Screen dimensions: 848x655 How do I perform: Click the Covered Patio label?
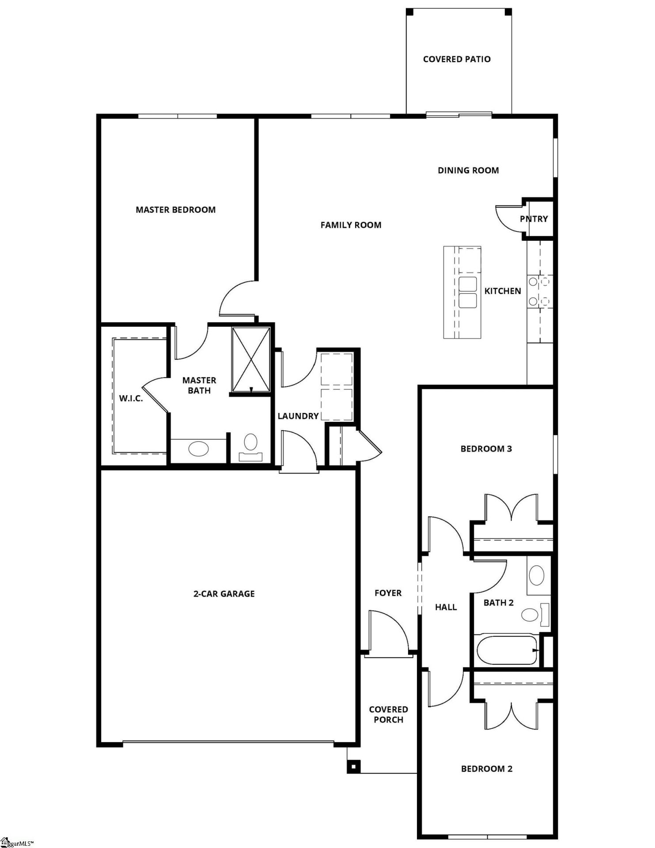[x=457, y=59]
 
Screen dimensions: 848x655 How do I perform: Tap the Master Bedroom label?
[x=175, y=210]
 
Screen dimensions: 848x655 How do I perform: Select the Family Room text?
[x=351, y=225]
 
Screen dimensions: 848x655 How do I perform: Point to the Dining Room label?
[x=468, y=170]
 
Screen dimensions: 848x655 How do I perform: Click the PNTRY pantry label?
[x=534, y=219]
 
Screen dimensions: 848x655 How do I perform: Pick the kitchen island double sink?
[x=468, y=292]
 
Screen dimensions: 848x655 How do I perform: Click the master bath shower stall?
[x=251, y=359]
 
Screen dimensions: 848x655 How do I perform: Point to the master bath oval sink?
[x=198, y=449]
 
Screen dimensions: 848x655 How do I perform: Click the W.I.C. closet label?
[x=131, y=398]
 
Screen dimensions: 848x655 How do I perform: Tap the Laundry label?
[x=298, y=416]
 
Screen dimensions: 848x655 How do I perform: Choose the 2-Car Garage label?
[x=224, y=594]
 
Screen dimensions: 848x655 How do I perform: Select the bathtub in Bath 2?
[x=506, y=650]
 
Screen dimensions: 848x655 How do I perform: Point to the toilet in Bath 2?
[x=533, y=614]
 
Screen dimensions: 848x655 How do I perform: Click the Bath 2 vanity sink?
[x=537, y=575]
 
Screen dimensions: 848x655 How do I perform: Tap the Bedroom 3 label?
[x=486, y=449]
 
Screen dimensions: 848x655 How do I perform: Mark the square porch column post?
[x=354, y=766]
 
